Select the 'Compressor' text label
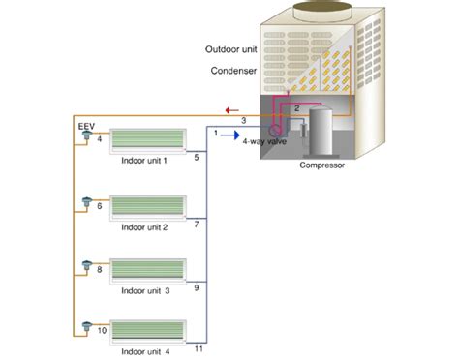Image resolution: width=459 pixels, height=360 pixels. point(321,165)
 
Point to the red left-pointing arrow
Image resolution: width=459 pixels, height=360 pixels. point(225,110)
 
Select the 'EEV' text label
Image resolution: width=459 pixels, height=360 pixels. point(84,127)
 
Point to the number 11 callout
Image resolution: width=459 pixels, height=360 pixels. point(199,347)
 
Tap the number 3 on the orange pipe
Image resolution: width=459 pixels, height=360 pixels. point(244,120)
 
